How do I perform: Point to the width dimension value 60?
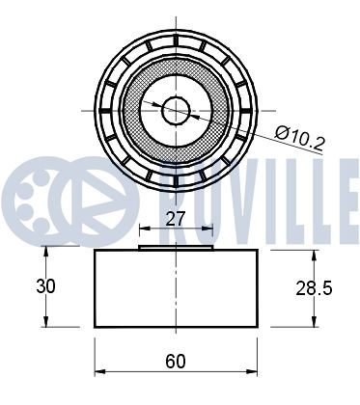pos(175,363)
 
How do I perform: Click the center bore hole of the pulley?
pos(175,109)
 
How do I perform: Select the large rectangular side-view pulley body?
pos(175,289)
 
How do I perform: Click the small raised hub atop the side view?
pos(175,248)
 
